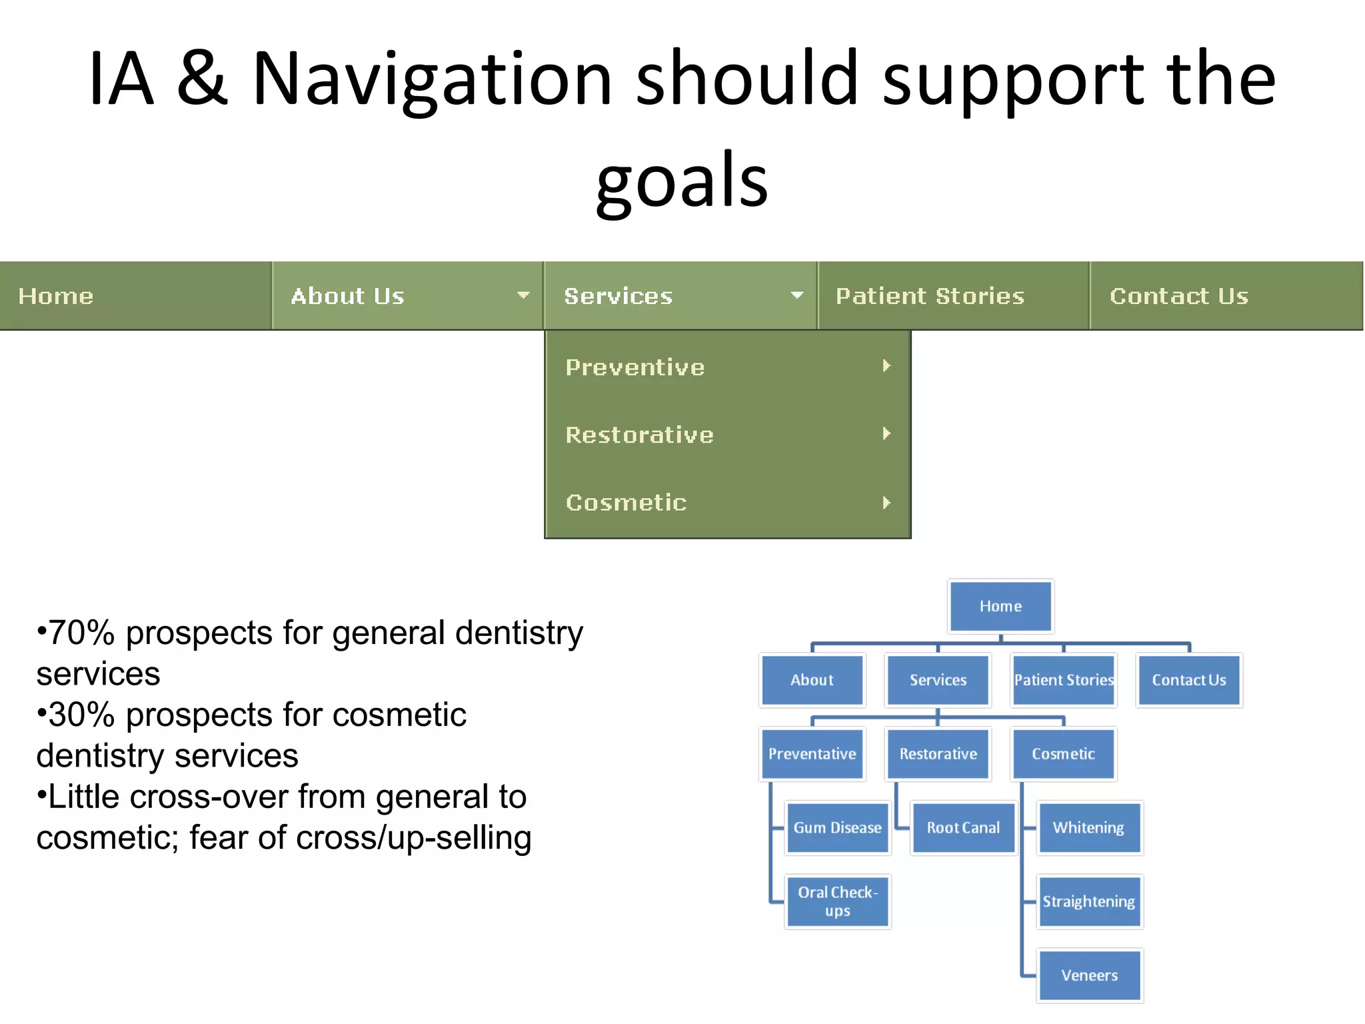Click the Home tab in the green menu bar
[57, 296]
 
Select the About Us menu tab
[348, 296]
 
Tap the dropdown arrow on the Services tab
[796, 295]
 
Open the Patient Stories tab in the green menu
[930, 296]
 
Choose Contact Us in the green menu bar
[1178, 296]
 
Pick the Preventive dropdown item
[635, 367]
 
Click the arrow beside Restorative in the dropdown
[886, 434]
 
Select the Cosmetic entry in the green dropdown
[626, 503]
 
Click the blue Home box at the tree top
[1000, 606]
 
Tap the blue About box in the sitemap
[812, 680]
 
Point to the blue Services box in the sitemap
[938, 680]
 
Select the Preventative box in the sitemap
[812, 754]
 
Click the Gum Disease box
[837, 828]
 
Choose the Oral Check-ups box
[837, 901]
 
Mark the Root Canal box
[963, 828]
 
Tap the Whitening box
[1088, 828]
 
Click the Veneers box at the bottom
[1089, 975]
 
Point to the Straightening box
[1088, 901]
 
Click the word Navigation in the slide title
[432, 79]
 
